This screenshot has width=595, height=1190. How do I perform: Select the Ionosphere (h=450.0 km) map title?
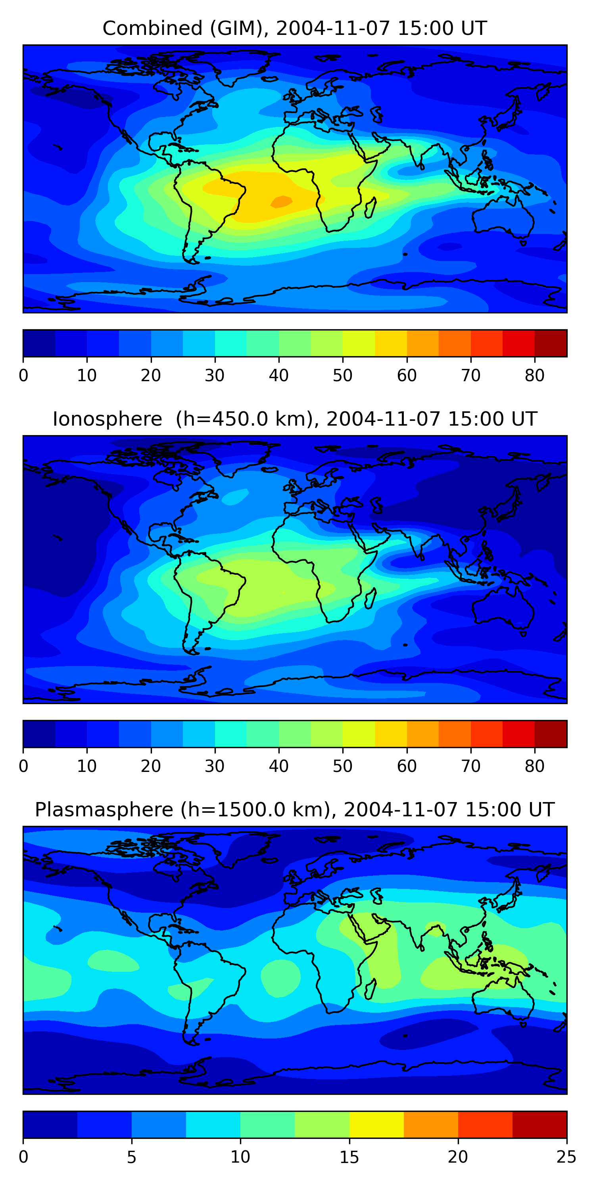tap(294, 419)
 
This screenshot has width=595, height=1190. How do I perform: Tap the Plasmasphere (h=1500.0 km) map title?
tap(294, 810)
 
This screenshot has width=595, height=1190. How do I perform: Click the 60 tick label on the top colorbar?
tap(407, 376)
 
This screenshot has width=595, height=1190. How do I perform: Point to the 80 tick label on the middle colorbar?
tap(534, 766)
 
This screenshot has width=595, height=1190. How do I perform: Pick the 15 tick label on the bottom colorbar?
tap(349, 1157)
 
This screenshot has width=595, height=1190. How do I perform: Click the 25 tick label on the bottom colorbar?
tap(566, 1157)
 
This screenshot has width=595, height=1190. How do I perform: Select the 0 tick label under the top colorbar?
tap(23, 376)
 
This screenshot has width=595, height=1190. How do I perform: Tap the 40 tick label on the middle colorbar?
tap(278, 766)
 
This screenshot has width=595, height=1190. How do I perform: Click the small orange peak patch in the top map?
tap(281, 202)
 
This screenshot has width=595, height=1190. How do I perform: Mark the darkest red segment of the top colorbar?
tap(551, 343)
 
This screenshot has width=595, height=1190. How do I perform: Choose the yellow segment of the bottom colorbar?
tap(376, 1125)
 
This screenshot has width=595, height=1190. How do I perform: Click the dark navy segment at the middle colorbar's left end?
tap(39, 734)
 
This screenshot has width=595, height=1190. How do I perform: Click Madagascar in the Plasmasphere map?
tap(370, 989)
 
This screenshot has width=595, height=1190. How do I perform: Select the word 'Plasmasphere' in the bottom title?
tap(104, 810)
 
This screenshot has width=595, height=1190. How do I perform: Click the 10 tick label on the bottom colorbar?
tap(240, 1157)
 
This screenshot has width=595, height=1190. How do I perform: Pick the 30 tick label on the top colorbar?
tap(215, 376)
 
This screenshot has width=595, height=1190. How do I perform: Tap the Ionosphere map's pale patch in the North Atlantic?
tap(236, 497)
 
